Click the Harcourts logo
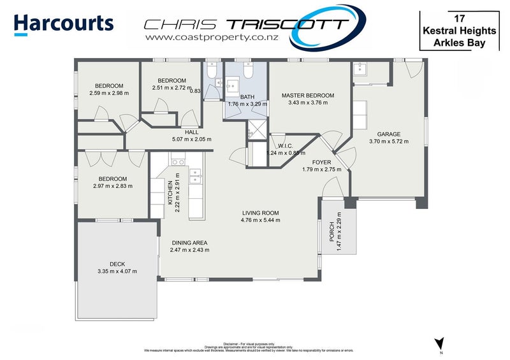click(x=64, y=23)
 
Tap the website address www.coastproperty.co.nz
click(x=200, y=38)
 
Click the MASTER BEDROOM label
click(x=308, y=96)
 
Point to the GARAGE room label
click(x=388, y=134)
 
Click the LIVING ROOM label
click(x=260, y=213)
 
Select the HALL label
click(x=173, y=132)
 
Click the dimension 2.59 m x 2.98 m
click(x=108, y=93)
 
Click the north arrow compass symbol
click(x=438, y=343)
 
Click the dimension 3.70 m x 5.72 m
click(x=388, y=141)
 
